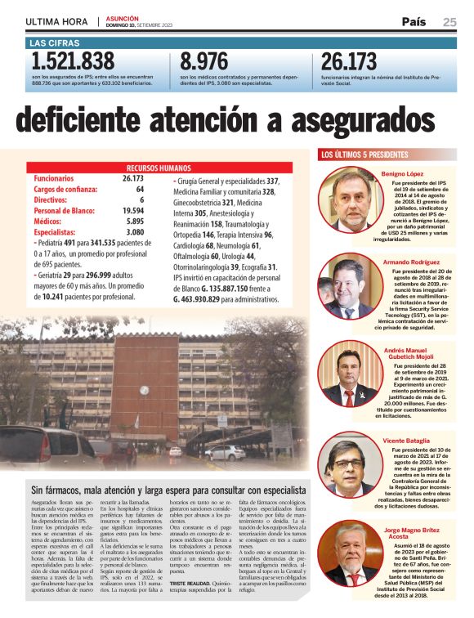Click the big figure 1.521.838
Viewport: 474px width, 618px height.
(73, 61)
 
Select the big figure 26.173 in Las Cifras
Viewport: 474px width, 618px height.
(349, 61)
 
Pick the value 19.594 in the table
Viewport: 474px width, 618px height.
(132, 210)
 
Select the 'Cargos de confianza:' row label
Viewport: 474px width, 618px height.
(72, 189)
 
